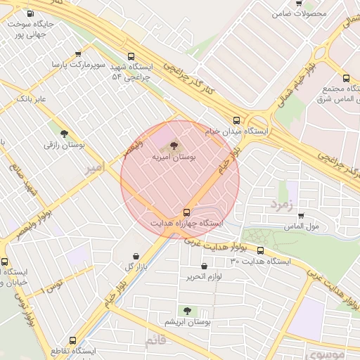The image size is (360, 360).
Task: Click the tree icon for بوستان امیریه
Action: [174, 146]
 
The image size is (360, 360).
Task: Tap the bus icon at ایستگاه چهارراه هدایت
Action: [186, 212]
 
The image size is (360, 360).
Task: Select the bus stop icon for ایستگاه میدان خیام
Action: [236, 120]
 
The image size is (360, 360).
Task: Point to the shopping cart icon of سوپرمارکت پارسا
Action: [77, 53]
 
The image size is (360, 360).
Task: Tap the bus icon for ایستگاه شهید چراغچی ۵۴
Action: [130, 56]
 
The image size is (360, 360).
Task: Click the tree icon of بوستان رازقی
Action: [64, 133]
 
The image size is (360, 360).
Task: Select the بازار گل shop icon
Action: [136, 256]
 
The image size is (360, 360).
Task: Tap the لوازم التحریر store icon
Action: [204, 266]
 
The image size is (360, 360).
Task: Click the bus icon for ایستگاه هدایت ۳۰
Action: [261, 250]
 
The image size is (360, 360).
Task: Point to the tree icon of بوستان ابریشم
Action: [186, 310]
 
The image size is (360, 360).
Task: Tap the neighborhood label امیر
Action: [94, 169]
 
